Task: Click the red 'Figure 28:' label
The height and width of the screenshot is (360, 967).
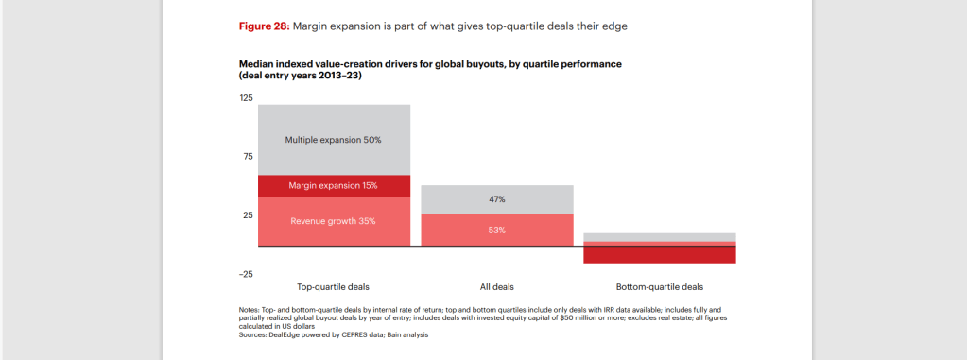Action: click(x=264, y=26)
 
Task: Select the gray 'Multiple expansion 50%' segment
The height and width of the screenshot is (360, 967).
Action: click(x=335, y=140)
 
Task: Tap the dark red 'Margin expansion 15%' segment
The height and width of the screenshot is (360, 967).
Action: click(x=335, y=186)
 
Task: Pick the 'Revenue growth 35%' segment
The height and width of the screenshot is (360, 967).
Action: click(x=335, y=221)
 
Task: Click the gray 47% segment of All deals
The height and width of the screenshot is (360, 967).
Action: click(x=497, y=199)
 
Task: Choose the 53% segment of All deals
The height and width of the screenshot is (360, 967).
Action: click(x=497, y=230)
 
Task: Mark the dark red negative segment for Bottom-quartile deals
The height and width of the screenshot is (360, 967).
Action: click(x=659, y=254)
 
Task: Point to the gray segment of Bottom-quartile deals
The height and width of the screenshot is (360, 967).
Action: click(x=659, y=237)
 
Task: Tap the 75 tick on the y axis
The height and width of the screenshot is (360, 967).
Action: click(x=247, y=157)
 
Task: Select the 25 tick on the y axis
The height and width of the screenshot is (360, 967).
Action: click(x=247, y=215)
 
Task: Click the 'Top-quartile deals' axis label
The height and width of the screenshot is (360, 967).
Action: click(x=333, y=286)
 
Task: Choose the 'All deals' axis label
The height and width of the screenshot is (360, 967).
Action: click(x=497, y=286)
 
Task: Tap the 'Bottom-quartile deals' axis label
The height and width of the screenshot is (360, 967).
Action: click(x=659, y=286)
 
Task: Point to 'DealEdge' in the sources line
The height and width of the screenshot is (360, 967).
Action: click(x=278, y=335)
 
